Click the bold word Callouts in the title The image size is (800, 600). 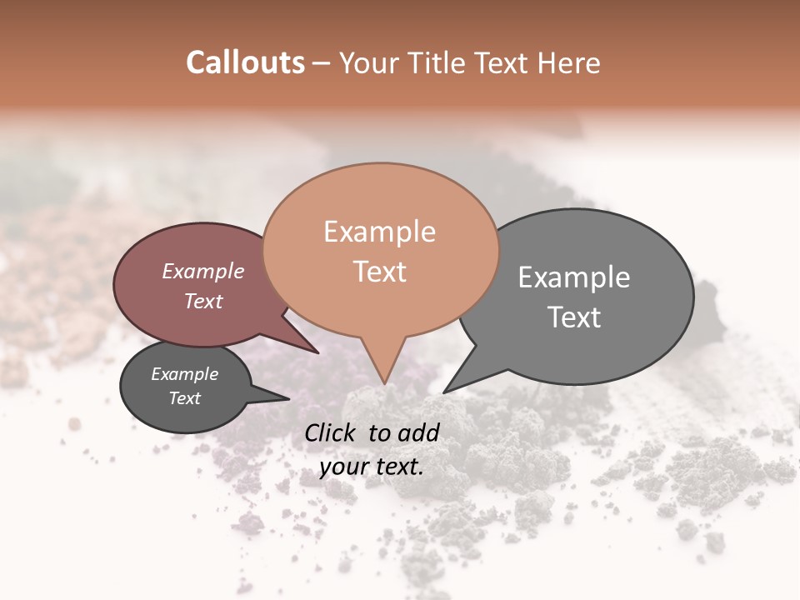click(245, 62)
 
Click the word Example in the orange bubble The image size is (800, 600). click(379, 232)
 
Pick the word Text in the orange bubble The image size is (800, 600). click(379, 272)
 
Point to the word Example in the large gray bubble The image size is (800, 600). click(574, 277)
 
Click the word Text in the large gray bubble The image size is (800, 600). click(574, 317)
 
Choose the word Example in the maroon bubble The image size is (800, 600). click(203, 271)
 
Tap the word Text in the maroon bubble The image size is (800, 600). click(203, 301)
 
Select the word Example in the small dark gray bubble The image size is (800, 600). click(185, 374)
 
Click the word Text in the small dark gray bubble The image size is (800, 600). click(185, 398)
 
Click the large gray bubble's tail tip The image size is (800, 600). click(444, 392)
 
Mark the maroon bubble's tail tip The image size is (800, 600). click(318, 352)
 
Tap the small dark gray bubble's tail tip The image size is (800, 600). click(288, 399)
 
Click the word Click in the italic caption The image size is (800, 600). click(332, 432)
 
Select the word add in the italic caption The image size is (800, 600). click(418, 432)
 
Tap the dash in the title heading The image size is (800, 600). click(322, 63)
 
